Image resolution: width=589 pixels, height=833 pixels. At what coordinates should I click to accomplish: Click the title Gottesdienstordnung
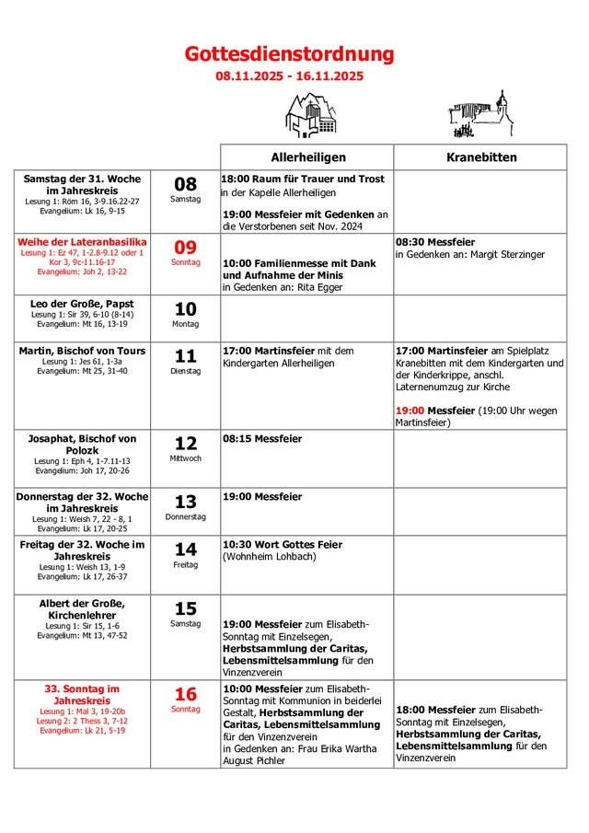[289, 54]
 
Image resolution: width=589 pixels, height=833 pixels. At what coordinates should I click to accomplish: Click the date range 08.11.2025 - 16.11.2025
[289, 76]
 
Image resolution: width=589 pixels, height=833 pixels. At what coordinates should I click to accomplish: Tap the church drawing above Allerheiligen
[311, 114]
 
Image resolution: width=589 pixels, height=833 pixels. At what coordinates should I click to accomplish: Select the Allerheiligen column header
[306, 157]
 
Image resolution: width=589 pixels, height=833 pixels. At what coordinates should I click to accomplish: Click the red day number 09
[185, 248]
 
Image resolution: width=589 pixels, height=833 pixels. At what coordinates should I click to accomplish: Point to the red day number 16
[185, 695]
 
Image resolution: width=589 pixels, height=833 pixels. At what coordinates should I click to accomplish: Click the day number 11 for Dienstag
[185, 356]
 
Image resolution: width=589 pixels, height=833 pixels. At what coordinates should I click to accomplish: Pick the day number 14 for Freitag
[185, 550]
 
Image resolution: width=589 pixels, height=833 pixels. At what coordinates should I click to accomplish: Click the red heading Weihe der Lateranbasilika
[82, 241]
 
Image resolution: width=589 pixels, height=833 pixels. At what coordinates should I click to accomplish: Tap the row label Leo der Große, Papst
[82, 303]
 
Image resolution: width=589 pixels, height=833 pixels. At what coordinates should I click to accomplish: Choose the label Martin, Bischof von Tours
[82, 351]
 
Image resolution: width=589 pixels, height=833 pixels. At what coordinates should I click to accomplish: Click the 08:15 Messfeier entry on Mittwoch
[262, 439]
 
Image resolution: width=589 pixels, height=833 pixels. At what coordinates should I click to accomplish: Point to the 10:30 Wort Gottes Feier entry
[282, 545]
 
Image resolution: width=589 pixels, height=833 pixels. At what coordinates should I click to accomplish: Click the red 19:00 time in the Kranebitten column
[410, 411]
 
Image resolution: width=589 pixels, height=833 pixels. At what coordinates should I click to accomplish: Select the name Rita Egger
[321, 287]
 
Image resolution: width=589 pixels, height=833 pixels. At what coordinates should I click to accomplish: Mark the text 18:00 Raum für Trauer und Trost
[303, 179]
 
